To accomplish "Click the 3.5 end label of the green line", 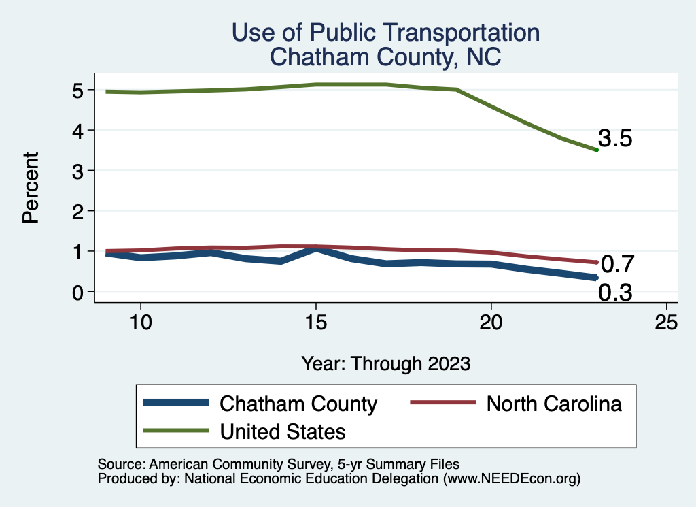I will pos(615,139).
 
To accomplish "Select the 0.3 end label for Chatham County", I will pos(615,293).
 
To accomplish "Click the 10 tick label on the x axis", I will pos(140,323).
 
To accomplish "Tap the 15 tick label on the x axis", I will pos(315,323).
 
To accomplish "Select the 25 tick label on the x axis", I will pos(667,323).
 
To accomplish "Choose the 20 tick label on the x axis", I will pos(491,323).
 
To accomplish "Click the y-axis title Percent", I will pos(30,189).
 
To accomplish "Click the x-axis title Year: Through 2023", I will pos(385,363).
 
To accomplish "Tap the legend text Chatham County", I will pos(298,404).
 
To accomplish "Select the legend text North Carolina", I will pos(553,404).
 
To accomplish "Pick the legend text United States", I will pos(283,431).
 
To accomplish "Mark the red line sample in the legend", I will pos(441,403).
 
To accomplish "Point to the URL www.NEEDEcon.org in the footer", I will pos(512,479).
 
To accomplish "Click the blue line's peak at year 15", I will pos(315,249).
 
